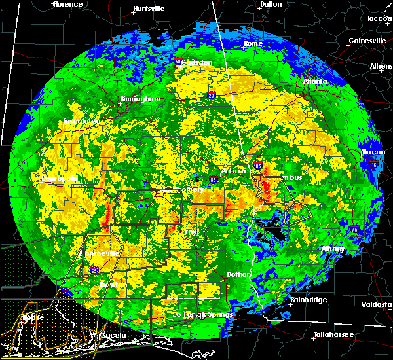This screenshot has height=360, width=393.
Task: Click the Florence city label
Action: [67, 4]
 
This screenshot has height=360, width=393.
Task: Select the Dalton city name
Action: [271, 4]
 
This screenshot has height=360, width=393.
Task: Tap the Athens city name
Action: [381, 67]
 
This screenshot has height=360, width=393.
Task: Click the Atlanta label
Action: [315, 82]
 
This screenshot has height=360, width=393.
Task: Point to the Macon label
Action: [373, 153]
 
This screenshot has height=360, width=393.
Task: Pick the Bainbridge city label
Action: [309, 300]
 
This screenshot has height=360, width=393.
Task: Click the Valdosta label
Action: [377, 304]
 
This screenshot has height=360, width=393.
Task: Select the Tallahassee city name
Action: [332, 334]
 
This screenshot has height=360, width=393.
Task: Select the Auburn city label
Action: [234, 171]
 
